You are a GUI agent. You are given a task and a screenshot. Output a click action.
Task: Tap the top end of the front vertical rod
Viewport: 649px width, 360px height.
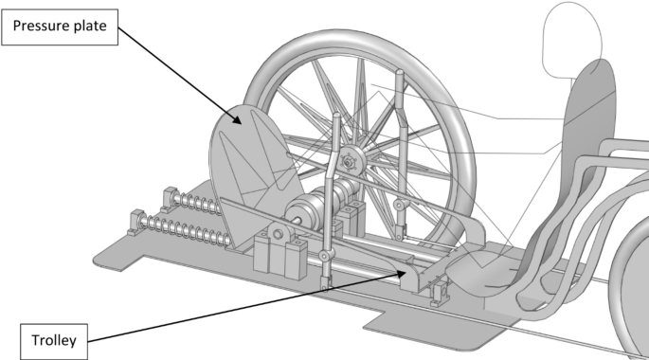point(337,118)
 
